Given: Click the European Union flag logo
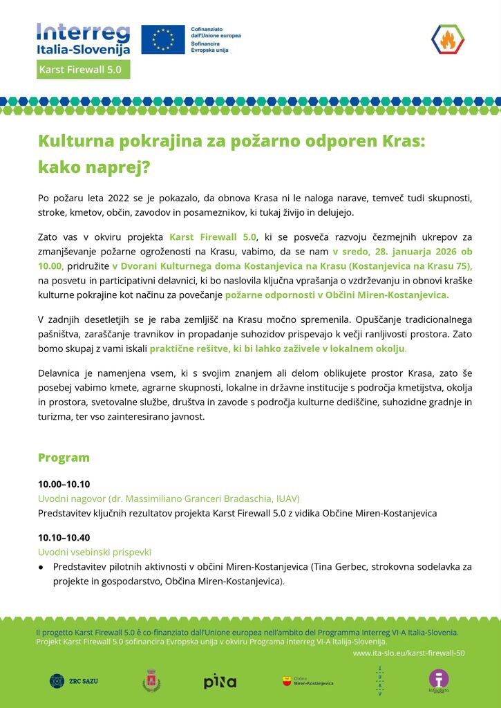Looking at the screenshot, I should [163, 39].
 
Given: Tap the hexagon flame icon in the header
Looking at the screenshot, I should [448, 39].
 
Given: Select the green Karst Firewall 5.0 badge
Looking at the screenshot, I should [84, 70].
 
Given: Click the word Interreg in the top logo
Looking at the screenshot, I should [83, 32].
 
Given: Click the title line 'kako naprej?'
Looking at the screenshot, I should [93, 167].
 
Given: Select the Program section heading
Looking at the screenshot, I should [64, 458].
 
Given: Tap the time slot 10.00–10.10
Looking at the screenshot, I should [64, 484].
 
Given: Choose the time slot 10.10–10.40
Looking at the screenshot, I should [64, 537].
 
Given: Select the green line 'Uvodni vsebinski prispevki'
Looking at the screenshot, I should [94, 552].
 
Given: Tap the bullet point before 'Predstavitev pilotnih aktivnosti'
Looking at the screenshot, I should [41, 567].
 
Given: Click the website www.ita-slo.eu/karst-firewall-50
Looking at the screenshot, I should [408, 653].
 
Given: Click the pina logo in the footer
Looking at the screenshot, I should [220, 682].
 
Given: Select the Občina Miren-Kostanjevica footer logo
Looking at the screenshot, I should [308, 682].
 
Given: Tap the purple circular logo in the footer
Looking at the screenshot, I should [438, 680].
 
